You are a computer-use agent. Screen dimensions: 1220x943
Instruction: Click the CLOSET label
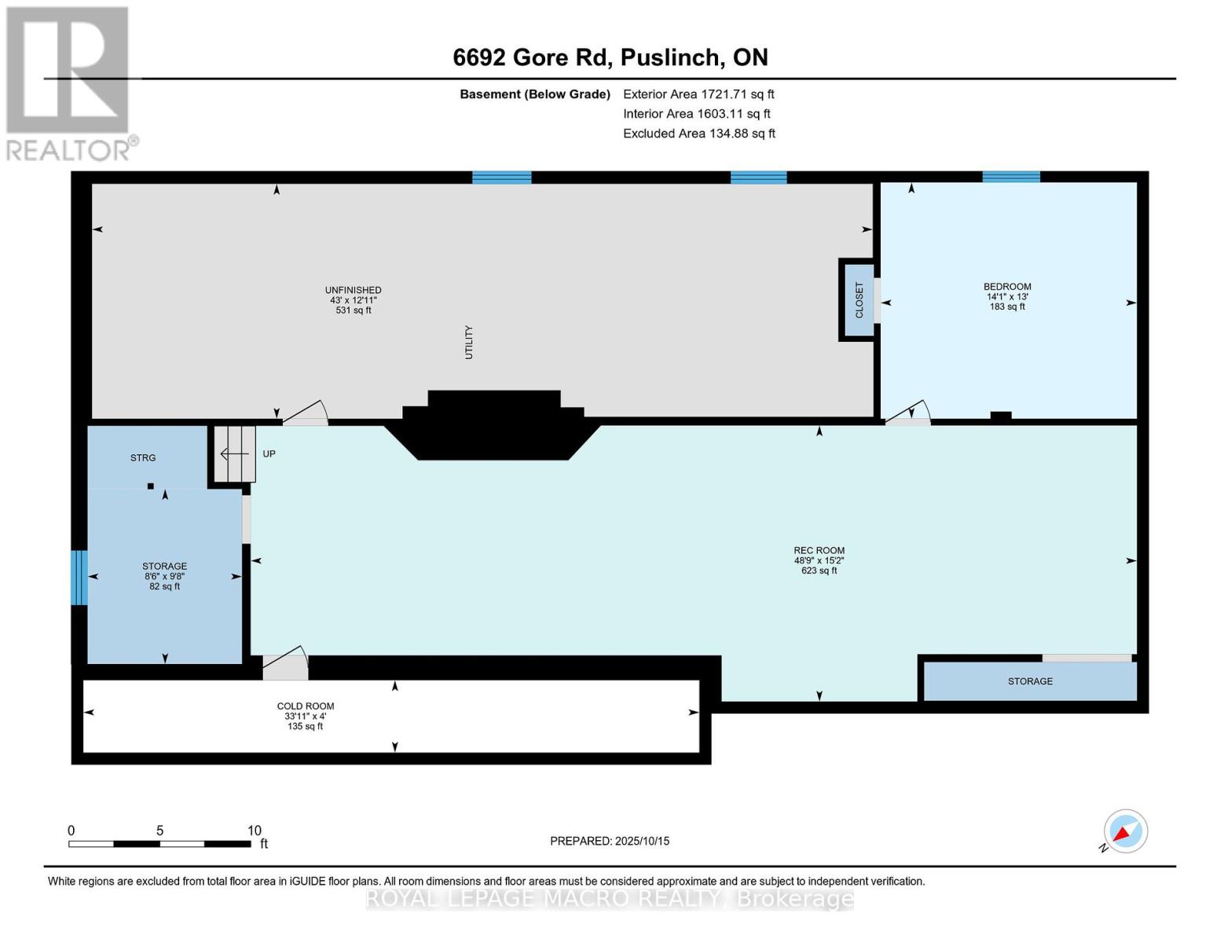(859, 300)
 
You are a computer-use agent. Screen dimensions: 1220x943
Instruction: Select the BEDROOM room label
(1007, 287)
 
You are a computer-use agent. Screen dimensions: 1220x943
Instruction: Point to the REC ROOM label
(819, 550)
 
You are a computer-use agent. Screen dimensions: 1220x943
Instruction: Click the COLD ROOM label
(306, 706)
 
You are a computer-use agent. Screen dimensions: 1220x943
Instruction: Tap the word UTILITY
(469, 342)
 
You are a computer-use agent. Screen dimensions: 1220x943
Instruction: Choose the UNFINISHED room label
(354, 290)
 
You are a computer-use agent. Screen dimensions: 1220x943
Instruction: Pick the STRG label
(143, 457)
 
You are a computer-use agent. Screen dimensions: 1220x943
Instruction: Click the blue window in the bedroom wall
(1011, 177)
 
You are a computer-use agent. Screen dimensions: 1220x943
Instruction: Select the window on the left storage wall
(79, 578)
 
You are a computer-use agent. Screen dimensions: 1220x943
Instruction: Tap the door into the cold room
(286, 663)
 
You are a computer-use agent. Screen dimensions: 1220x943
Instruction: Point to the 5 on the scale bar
(159, 831)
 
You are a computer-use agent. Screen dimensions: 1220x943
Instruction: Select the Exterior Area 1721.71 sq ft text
(698, 94)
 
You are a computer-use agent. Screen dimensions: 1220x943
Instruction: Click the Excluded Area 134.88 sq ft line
(699, 134)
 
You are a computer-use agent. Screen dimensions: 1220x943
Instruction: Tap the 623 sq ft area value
(819, 571)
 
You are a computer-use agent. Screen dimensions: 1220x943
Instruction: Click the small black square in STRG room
(151, 486)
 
